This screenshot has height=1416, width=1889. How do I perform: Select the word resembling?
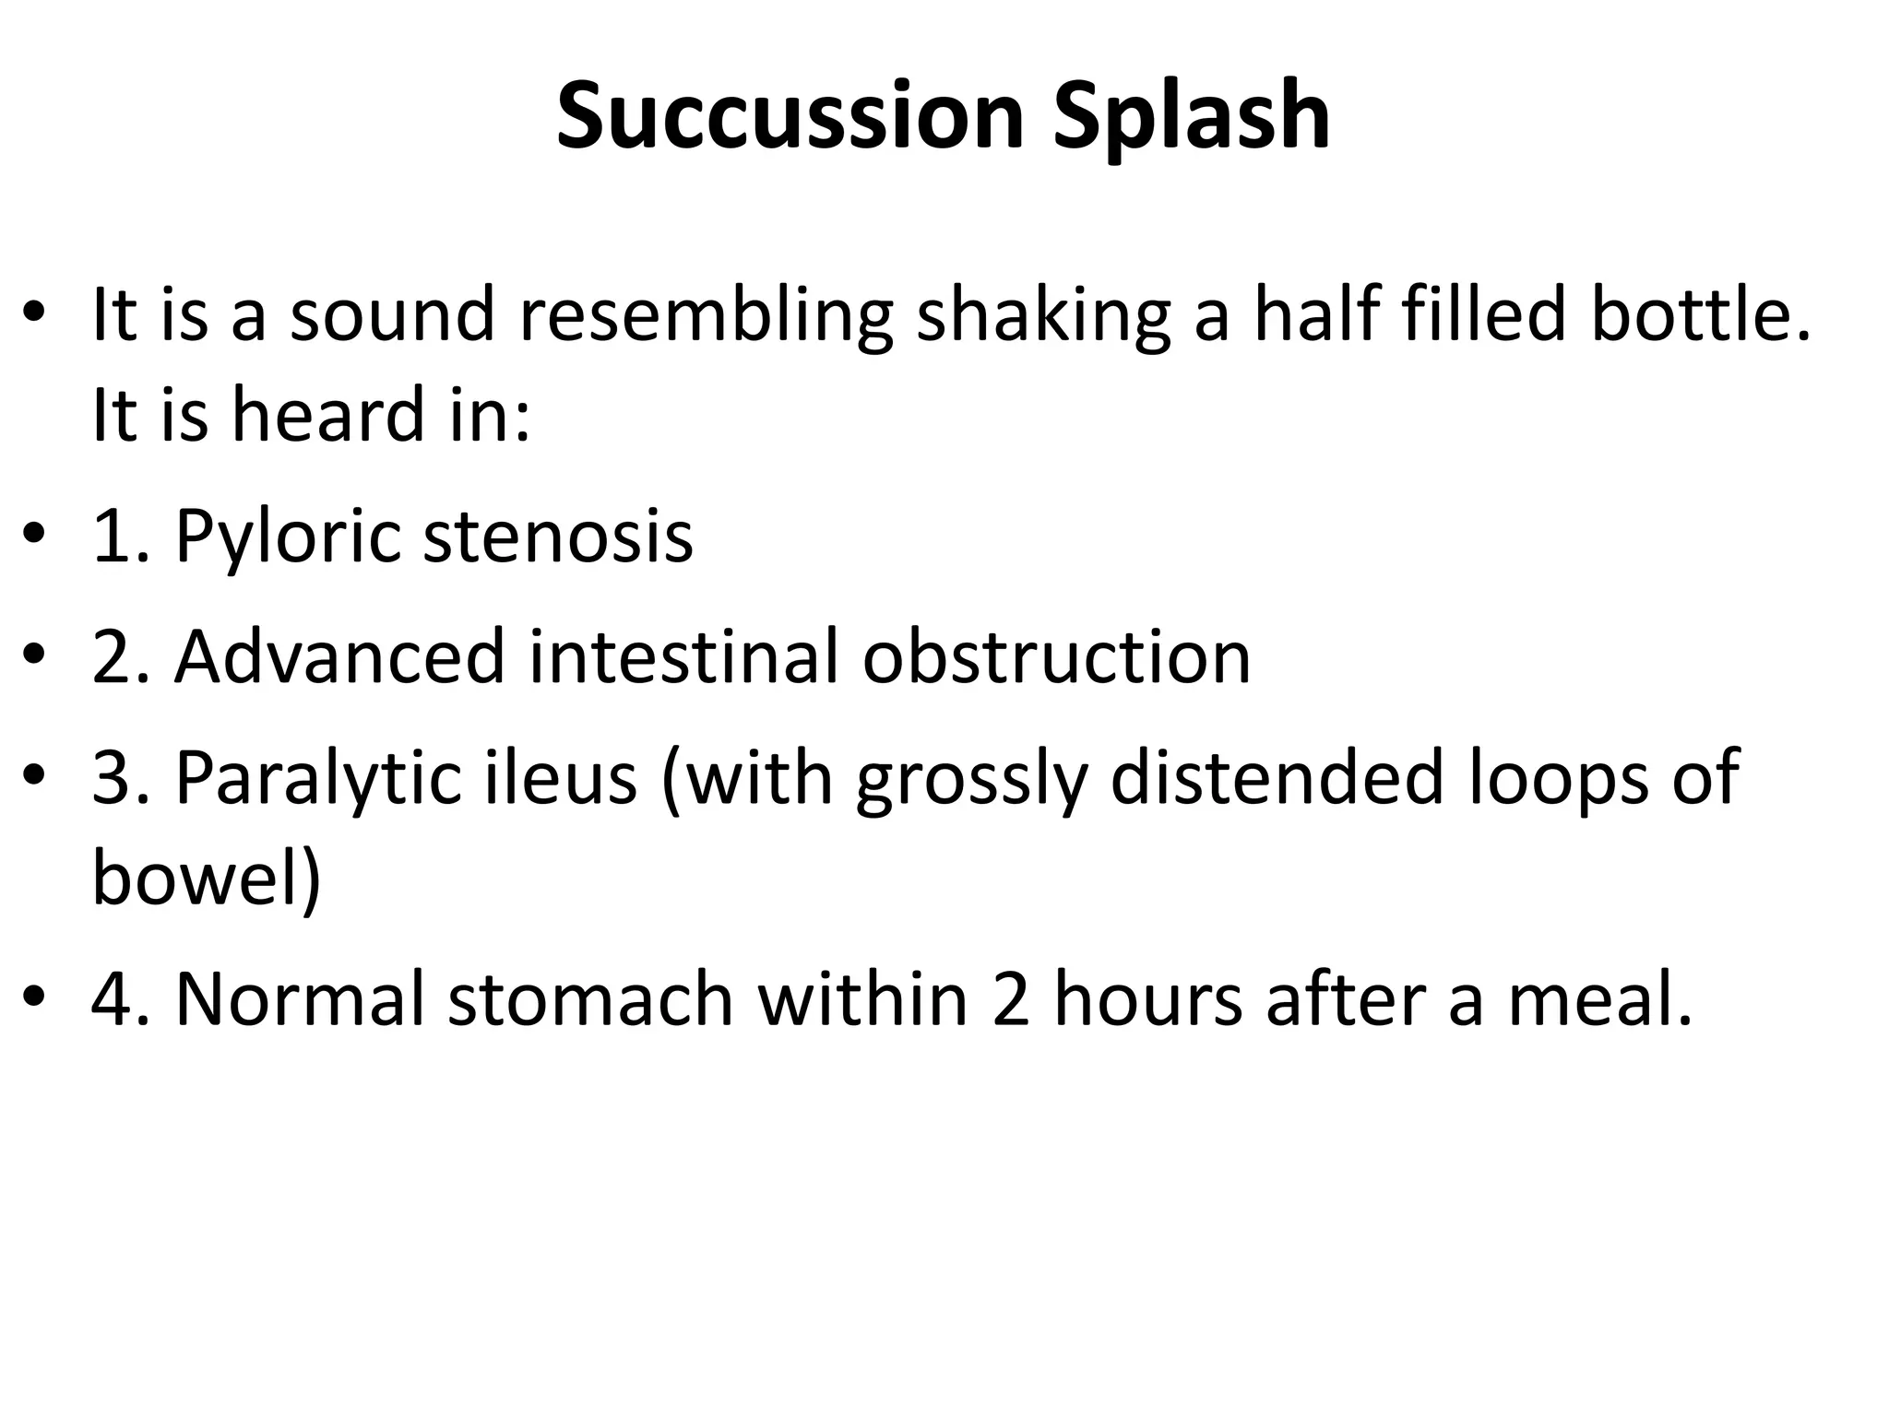point(706,314)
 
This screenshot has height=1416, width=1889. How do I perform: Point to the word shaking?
point(1043,314)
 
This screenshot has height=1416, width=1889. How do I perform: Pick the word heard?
point(327,414)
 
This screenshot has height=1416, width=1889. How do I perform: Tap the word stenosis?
point(557,536)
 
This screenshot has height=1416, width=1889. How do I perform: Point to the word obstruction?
point(1056,656)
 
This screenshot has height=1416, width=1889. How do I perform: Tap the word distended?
point(1276,777)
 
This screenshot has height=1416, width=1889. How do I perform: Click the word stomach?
point(590,998)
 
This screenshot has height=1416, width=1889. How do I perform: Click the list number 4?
point(109,998)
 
